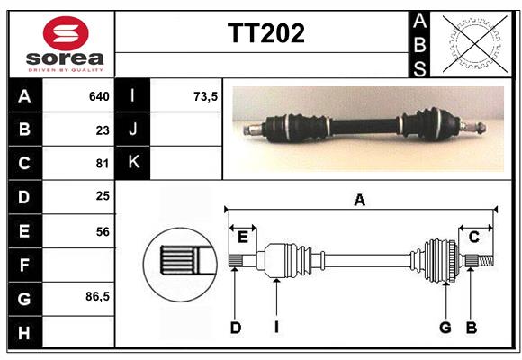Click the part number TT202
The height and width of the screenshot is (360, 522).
(265, 33)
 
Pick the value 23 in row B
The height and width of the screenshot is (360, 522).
(103, 130)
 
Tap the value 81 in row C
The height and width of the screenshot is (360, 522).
(103, 164)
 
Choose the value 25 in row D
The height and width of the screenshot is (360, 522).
(103, 196)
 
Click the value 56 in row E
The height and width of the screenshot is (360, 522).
(103, 231)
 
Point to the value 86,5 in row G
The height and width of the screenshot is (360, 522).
(97, 296)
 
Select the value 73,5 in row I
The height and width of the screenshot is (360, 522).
(205, 96)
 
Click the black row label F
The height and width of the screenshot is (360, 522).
(23, 265)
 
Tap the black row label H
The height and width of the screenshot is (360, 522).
(23, 332)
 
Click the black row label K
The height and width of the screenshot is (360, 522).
(133, 163)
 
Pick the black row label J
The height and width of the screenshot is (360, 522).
(133, 130)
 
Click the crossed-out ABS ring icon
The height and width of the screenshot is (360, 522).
(472, 43)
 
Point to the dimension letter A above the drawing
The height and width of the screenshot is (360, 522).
(360, 201)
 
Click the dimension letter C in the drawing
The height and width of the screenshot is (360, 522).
(473, 237)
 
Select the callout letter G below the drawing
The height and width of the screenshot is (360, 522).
(445, 328)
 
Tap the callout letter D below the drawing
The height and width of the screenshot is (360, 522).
(235, 328)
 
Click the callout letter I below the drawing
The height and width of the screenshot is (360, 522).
(276, 328)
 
